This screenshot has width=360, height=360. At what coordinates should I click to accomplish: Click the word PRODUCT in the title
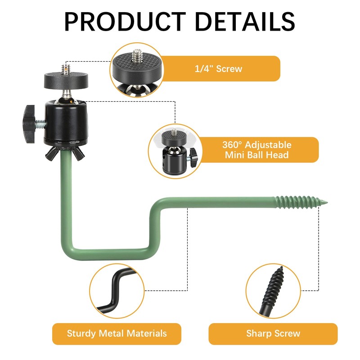point(125,21)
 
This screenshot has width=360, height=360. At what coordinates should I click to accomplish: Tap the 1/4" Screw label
point(218,69)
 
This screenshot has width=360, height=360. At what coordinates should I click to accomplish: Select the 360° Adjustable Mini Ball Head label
point(256,150)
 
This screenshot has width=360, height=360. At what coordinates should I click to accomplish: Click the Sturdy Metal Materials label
point(117,333)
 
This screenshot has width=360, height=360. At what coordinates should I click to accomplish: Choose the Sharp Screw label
point(273,333)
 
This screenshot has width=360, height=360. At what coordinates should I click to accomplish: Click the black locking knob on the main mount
point(29,124)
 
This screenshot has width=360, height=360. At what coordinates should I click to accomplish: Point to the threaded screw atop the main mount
point(66,69)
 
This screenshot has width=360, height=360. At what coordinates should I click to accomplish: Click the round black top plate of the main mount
point(66,81)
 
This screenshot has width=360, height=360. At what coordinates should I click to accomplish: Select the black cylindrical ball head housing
point(66,122)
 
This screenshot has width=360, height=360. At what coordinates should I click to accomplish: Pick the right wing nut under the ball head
point(78,153)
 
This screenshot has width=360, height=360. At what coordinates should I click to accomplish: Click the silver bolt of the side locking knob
point(40,124)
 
